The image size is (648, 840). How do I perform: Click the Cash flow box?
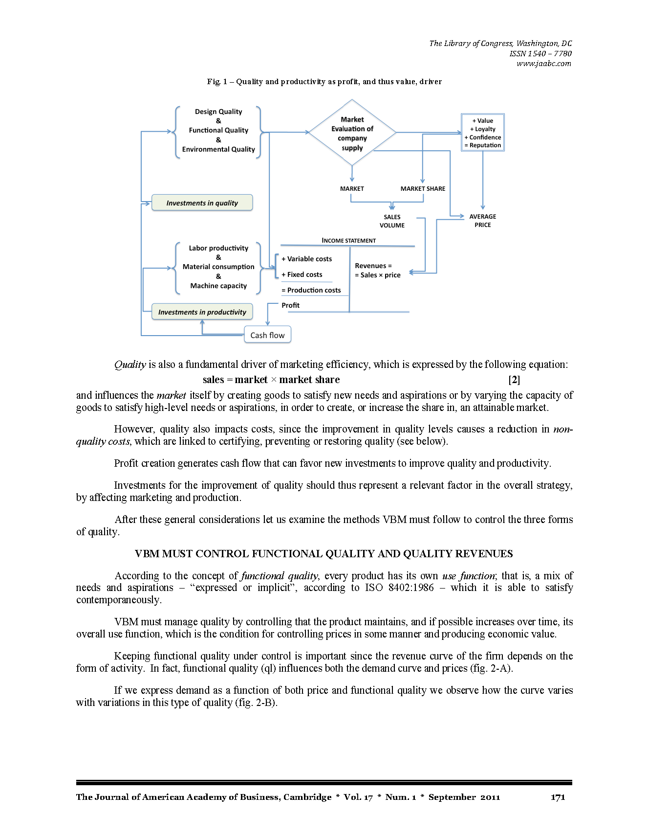click(267, 335)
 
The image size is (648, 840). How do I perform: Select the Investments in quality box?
click(202, 203)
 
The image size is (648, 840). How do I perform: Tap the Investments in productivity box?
click(202, 312)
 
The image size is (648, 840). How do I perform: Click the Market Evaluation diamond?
click(352, 133)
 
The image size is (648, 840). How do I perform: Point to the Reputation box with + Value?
click(483, 133)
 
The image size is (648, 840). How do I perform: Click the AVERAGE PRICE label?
click(483, 221)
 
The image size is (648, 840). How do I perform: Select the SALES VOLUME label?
click(392, 221)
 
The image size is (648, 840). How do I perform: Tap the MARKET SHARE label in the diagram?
click(423, 189)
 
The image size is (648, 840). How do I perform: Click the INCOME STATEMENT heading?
click(348, 241)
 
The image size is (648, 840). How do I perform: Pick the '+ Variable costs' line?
click(306, 259)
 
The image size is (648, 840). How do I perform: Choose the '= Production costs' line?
click(311, 290)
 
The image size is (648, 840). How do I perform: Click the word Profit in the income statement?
click(290, 305)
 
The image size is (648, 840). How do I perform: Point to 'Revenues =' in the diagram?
click(373, 266)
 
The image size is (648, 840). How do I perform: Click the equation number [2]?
click(514, 380)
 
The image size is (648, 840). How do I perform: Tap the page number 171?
click(558, 797)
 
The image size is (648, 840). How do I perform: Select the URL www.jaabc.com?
click(544, 64)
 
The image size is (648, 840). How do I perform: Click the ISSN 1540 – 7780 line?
click(540, 53)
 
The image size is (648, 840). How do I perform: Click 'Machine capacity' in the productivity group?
click(218, 286)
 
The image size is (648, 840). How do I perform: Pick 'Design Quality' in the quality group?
click(218, 112)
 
